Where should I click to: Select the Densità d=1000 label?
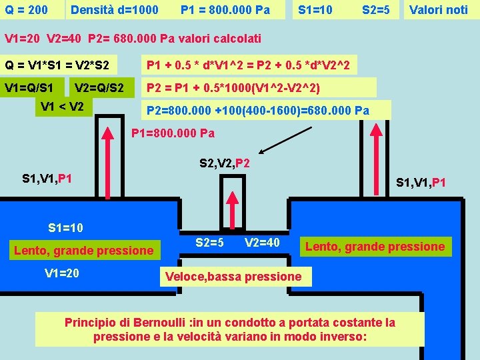coord(115,10)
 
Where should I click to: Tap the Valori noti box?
coord(438,10)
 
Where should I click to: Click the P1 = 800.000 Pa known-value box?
coord(225,10)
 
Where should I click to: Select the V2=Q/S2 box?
coord(99,87)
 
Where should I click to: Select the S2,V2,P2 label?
coord(225,163)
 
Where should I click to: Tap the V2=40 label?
coord(262,242)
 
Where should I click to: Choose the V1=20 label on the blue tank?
coord(62,273)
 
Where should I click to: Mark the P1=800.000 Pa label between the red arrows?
coord(173,133)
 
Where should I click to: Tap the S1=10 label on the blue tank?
coord(66,228)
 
